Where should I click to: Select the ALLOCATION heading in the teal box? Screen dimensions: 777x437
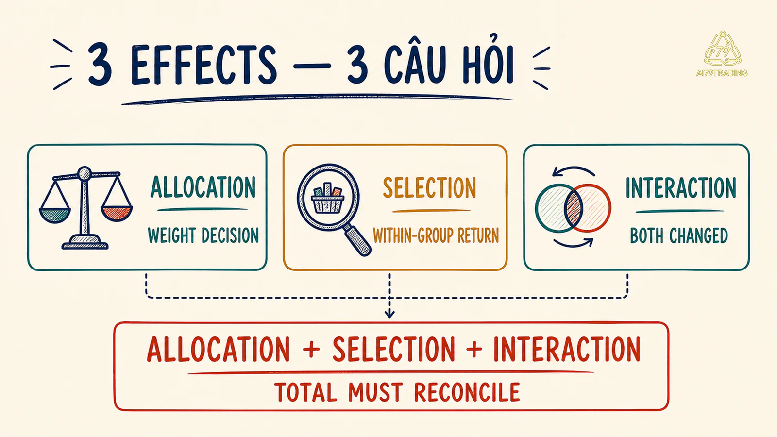pos(203,187)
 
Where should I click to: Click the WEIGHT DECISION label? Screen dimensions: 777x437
pos(203,235)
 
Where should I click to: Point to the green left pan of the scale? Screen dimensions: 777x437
pos(55,215)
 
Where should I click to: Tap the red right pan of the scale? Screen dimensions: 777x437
pos(117,213)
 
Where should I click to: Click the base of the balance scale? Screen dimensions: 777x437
pos(85,242)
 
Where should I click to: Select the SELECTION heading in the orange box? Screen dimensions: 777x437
pos(429,187)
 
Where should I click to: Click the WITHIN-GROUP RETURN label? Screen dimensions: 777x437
pos(436,235)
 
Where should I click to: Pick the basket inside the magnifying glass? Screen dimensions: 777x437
pos(328,199)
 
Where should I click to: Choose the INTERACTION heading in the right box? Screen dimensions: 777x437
pos(681,187)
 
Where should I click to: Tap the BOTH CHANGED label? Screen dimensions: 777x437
pos(679,236)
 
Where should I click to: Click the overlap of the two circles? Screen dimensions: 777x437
pos(574,208)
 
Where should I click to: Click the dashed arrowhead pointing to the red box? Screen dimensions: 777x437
pos(389,314)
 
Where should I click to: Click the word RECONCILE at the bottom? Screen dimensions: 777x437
pos(467,392)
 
